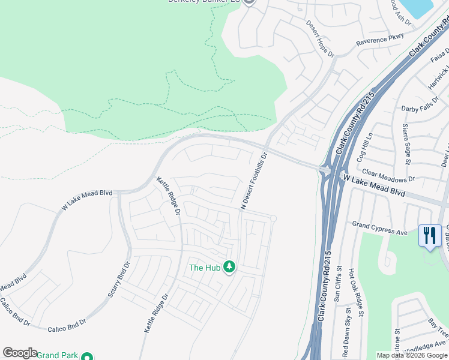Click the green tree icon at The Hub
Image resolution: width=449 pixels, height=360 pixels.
tap(229, 266)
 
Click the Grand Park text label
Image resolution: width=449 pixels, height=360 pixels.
tap(57, 356)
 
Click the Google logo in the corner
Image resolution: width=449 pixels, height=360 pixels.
tap(20, 353)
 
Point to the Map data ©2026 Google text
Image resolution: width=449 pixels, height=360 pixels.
tap(411, 356)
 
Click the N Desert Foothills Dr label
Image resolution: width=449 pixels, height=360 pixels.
tap(253, 181)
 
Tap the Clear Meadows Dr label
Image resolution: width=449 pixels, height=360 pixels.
tap(388, 175)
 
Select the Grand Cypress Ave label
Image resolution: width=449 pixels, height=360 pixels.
tap(379, 229)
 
